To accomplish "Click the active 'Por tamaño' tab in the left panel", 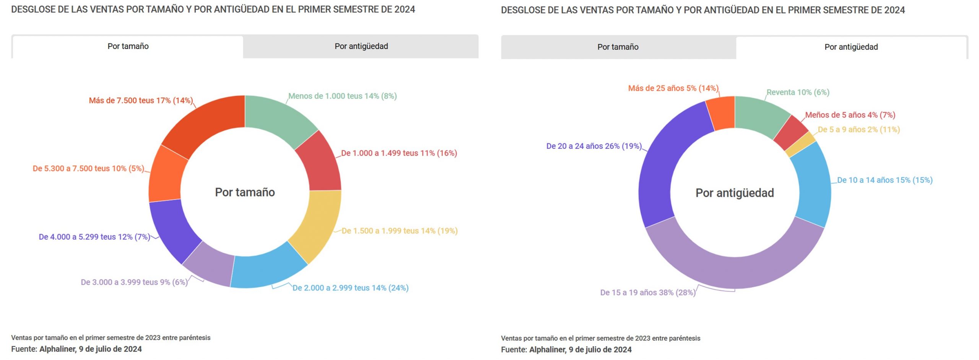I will tap(128, 46).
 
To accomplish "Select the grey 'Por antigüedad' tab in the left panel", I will tap(361, 46).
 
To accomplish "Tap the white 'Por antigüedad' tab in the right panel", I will tap(851, 47).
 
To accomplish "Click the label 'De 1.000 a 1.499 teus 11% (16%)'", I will tap(399, 153).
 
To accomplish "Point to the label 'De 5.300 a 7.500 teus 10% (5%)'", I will tap(88, 169).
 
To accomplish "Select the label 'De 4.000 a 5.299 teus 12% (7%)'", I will tap(94, 237).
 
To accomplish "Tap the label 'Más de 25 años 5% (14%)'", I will tap(673, 88).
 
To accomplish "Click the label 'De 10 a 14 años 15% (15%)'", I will tap(885, 180).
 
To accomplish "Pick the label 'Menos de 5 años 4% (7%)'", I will tap(850, 115).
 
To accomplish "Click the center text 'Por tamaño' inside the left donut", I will tap(245, 192).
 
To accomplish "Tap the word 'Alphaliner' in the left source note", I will tap(57, 349).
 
